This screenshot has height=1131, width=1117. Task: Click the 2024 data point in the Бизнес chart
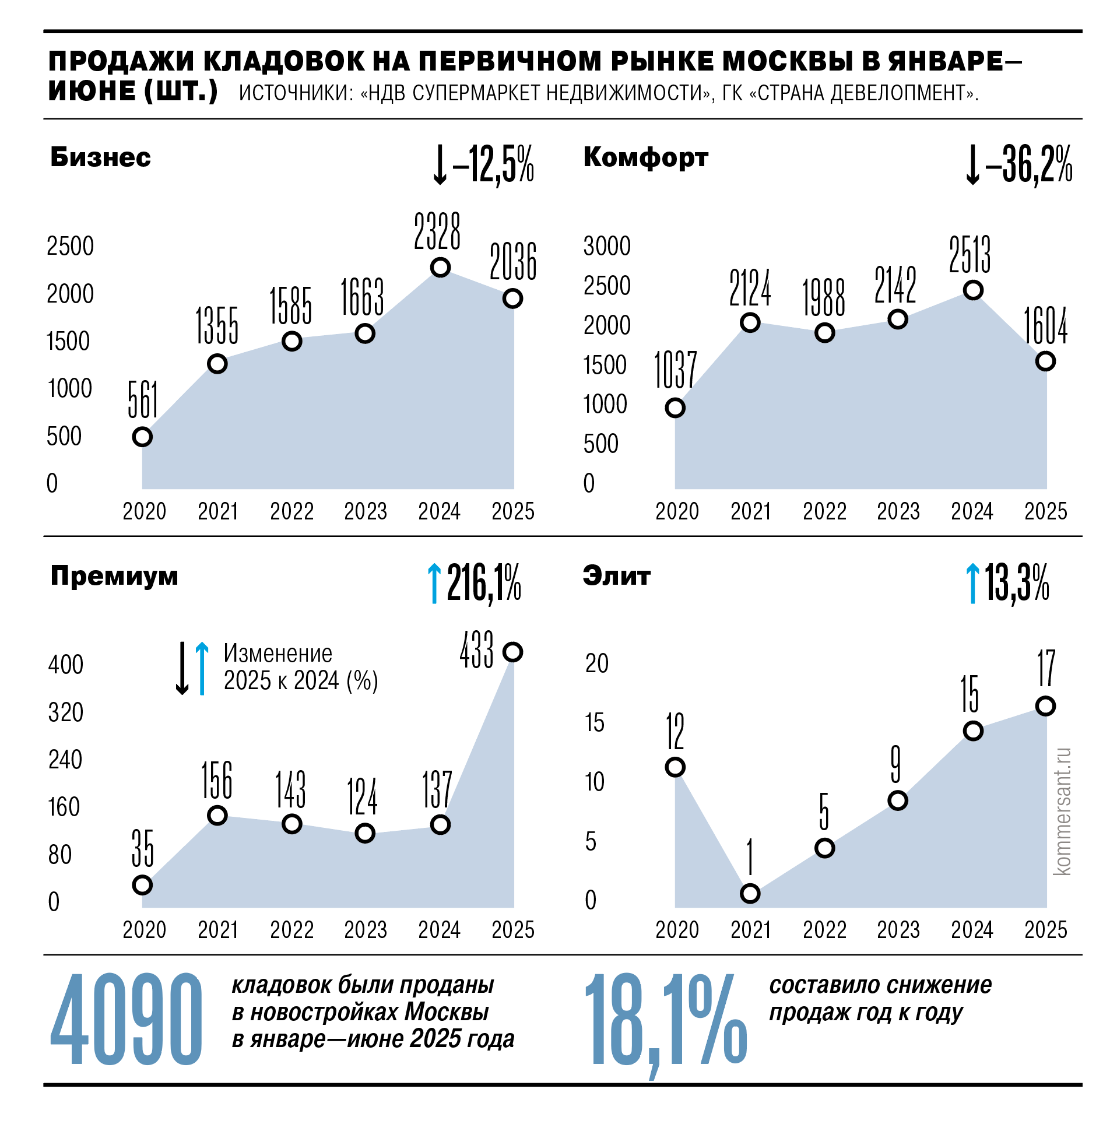coord(440,268)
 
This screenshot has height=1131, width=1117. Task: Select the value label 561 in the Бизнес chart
coord(143,399)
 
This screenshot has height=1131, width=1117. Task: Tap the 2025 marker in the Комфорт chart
coord(1045,361)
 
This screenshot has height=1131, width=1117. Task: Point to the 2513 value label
coord(970,255)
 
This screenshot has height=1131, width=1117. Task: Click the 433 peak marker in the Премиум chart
coord(513,652)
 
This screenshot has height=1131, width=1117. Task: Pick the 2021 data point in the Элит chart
coord(750,893)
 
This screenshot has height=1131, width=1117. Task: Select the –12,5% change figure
coord(493,165)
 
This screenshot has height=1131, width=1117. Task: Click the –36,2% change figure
coord(1028,165)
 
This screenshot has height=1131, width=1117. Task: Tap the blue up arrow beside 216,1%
coord(434,583)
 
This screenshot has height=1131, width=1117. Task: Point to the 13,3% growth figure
coord(1017,583)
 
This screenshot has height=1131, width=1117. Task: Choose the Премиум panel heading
coord(114,576)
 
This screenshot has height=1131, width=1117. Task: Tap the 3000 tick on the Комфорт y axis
coord(607,246)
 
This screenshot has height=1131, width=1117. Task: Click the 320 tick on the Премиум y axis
coord(65,712)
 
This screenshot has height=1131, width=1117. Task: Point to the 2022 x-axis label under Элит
coord(824,930)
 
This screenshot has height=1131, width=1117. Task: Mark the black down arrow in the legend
coord(182,668)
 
